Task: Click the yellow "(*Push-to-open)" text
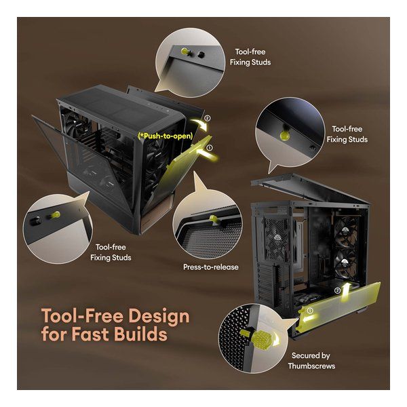coord(166,136)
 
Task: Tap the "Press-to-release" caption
coord(211,267)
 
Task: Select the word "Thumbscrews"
coord(311,366)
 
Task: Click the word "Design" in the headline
coord(159,317)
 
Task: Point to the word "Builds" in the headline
coord(141,334)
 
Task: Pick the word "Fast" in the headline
coord(91,334)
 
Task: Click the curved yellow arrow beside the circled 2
coord(199,124)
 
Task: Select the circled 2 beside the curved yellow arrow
coord(207,118)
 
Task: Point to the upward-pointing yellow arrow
coord(345,292)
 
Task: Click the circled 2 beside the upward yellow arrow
coord(337,290)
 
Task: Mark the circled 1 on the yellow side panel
coord(310,311)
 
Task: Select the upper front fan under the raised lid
coord(345,232)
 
